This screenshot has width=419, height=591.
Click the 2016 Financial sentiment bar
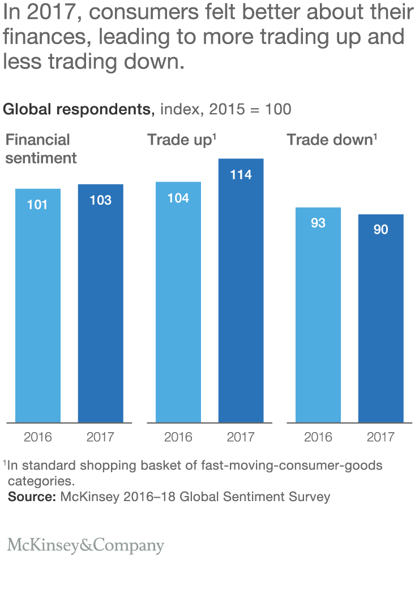[38, 305]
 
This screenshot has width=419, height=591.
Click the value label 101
[38, 205]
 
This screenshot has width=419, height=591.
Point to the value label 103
[100, 200]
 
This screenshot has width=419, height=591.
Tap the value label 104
[178, 198]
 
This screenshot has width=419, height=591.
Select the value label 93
[318, 223]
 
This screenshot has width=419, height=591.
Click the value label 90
[380, 230]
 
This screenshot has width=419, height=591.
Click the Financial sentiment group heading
[40, 149]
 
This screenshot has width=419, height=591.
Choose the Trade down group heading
[332, 140]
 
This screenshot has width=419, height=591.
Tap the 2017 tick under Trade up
[241, 437]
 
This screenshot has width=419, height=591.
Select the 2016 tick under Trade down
[318, 437]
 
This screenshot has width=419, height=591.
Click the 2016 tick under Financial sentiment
[38, 437]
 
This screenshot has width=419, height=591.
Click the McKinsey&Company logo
[85, 546]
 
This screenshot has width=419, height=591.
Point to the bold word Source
[31, 497]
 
